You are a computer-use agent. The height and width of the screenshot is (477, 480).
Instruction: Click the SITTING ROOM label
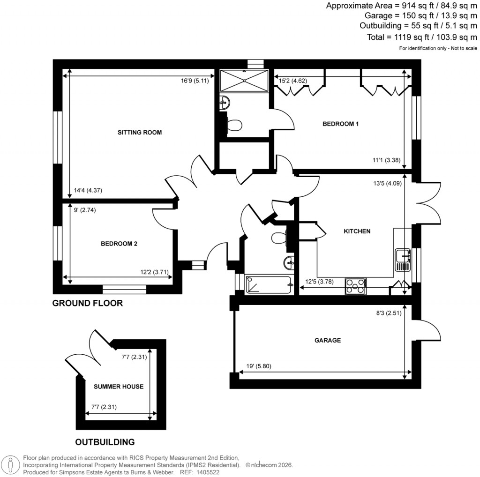139,133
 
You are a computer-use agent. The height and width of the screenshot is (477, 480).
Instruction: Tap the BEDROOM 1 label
340,124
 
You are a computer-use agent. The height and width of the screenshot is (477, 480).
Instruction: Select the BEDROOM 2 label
119,244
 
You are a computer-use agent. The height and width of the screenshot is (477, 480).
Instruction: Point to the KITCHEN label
357,231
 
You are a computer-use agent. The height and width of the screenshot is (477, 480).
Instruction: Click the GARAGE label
328,340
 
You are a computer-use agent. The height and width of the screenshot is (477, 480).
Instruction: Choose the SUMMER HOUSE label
118,387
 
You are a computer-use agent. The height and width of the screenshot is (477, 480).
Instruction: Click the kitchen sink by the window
402,260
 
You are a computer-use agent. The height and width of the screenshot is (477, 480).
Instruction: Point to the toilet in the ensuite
234,125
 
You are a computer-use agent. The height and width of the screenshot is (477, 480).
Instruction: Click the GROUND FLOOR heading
87,303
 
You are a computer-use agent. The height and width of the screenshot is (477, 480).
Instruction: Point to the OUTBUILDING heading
105,442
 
